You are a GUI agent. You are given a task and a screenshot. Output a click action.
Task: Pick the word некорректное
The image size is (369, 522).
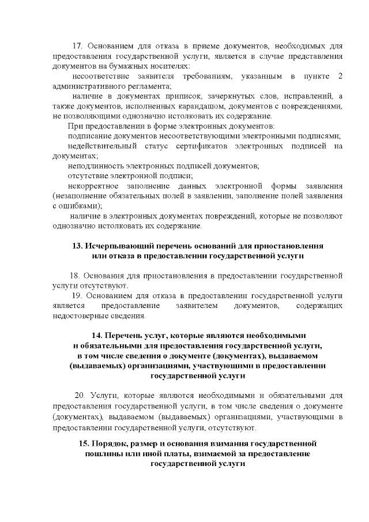[x=93, y=186]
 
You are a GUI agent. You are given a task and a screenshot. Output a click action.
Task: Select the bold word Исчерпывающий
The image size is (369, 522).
[x=114, y=245]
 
